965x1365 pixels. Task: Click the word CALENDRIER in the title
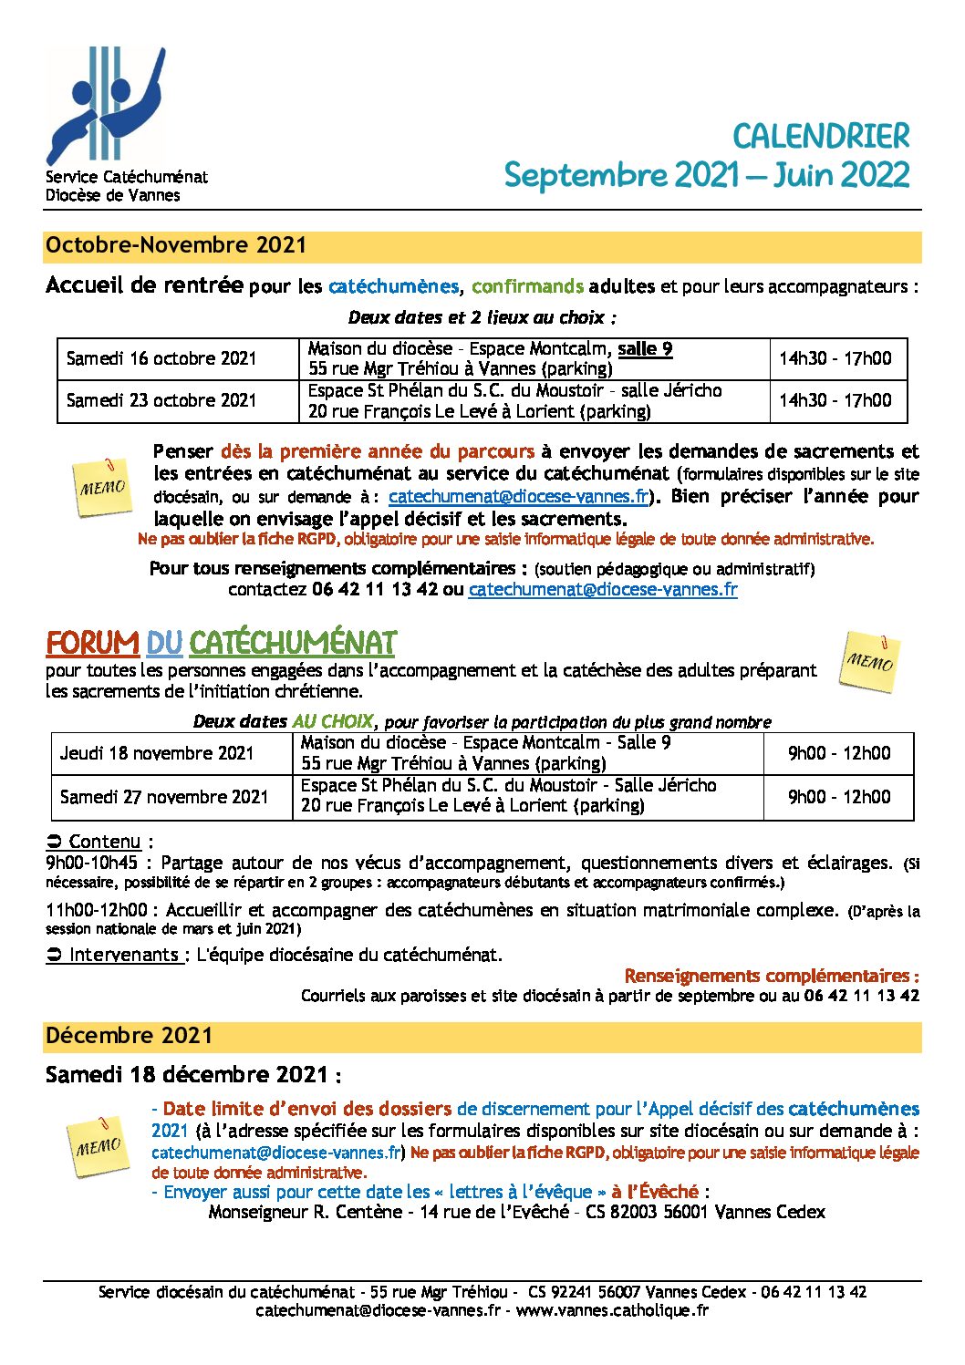tap(821, 137)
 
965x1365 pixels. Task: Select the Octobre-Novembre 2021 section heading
tap(176, 245)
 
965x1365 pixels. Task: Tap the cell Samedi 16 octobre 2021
tap(161, 358)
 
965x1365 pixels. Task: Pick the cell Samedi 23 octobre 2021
tap(161, 400)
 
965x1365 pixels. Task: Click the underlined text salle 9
tap(645, 348)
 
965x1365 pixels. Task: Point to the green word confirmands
tap(527, 286)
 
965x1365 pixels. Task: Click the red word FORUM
tap(92, 644)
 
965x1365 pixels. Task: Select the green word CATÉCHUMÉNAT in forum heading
tap(292, 644)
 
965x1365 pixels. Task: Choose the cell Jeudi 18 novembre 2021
tap(157, 753)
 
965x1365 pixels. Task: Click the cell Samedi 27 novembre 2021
tap(164, 797)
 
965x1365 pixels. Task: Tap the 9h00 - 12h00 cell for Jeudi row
tap(839, 753)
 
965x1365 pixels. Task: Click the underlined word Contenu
tap(105, 842)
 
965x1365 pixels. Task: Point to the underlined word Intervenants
tap(125, 955)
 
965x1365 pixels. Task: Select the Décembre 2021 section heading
tap(130, 1036)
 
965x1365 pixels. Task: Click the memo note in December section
tap(97, 1145)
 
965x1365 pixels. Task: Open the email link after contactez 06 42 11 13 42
tap(602, 589)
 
